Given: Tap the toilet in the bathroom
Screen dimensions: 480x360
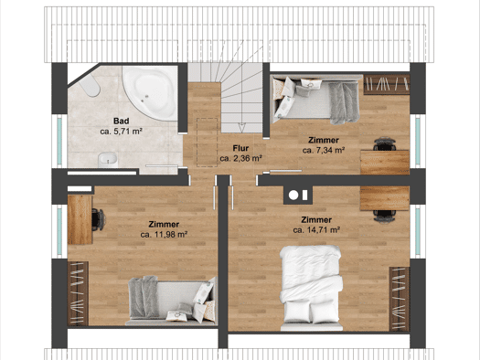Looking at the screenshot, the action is pyautogui.click(x=91, y=85).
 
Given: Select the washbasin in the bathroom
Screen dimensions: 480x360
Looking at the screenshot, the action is pyautogui.click(x=108, y=159).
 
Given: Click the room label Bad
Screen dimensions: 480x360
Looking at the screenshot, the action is pyautogui.click(x=122, y=121).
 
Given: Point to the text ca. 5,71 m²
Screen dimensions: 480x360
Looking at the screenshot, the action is pyautogui.click(x=122, y=132).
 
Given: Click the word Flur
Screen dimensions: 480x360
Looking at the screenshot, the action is pyautogui.click(x=240, y=148).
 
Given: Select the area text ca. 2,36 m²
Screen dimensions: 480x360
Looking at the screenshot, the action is pyautogui.click(x=240, y=158).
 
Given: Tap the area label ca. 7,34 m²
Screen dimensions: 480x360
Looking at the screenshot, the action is pyautogui.click(x=324, y=150).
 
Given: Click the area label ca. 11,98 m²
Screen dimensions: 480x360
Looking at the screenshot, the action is pyautogui.click(x=164, y=234).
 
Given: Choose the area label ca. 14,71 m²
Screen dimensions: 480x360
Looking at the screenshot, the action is pyautogui.click(x=316, y=229).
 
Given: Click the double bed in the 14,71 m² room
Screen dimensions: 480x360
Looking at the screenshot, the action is pyautogui.click(x=312, y=288).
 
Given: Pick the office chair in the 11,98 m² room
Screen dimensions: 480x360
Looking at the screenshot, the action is pyautogui.click(x=98, y=219).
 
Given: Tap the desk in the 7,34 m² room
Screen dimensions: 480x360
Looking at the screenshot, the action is pyautogui.click(x=385, y=162).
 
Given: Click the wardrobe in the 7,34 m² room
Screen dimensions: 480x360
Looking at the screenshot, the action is pyautogui.click(x=387, y=84).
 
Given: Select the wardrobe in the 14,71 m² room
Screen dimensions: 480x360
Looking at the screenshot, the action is pyautogui.click(x=400, y=299).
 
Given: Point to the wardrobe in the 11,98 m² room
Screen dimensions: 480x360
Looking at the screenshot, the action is pyautogui.click(x=78, y=293).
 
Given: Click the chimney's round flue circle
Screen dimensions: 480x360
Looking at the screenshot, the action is pyautogui.click(x=293, y=196).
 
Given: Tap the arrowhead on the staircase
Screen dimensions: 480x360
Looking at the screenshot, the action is pyautogui.click(x=242, y=125).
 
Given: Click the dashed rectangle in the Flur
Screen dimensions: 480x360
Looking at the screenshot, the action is pyautogui.click(x=208, y=143).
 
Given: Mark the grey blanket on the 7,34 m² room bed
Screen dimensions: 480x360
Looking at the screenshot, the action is pyautogui.click(x=345, y=103).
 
